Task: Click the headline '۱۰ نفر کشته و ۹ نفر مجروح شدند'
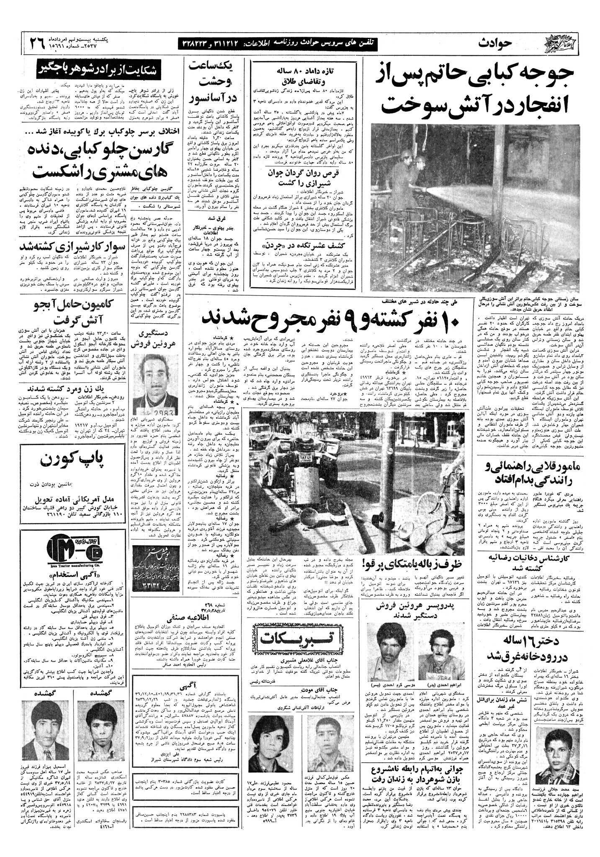click(x=331, y=319)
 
